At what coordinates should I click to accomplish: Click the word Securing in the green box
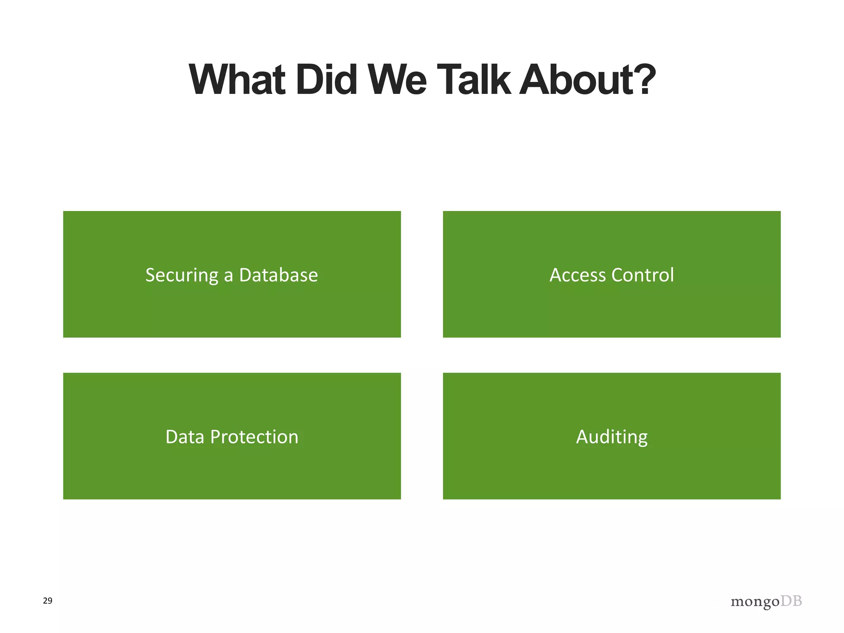[x=181, y=275]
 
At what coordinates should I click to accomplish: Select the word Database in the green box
[x=279, y=275]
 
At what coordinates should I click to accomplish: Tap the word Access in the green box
[x=578, y=275]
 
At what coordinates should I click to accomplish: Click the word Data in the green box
[x=185, y=437]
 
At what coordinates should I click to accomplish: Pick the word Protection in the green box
[x=254, y=437]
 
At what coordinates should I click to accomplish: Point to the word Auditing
[x=612, y=437]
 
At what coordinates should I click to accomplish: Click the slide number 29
[x=48, y=600]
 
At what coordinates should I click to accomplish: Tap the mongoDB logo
[x=766, y=602]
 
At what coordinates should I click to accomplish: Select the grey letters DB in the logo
[x=791, y=601]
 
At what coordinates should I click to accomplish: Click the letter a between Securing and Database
[x=228, y=276]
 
